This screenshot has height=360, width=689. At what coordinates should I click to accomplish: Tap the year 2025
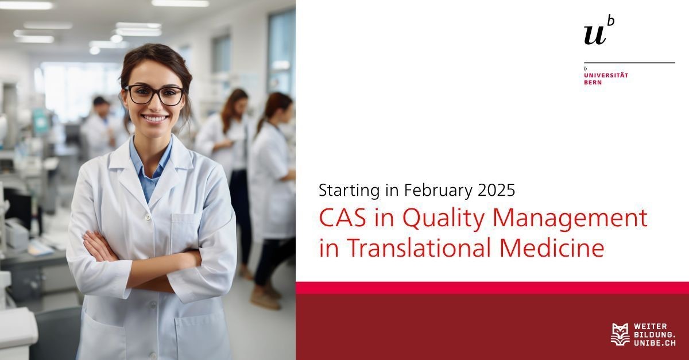click(497, 191)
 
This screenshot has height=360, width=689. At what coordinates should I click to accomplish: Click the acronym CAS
click(343, 218)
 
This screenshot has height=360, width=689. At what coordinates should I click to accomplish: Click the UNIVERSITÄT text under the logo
click(606, 75)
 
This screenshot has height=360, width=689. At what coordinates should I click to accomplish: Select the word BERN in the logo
click(593, 83)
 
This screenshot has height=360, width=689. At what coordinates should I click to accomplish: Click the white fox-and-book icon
click(620, 335)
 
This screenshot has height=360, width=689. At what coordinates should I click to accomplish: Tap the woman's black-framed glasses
click(155, 95)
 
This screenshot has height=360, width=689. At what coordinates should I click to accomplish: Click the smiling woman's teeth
click(154, 118)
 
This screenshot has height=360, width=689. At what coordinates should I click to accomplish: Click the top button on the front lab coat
click(148, 217)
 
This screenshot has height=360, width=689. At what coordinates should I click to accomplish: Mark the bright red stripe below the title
click(492, 288)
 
